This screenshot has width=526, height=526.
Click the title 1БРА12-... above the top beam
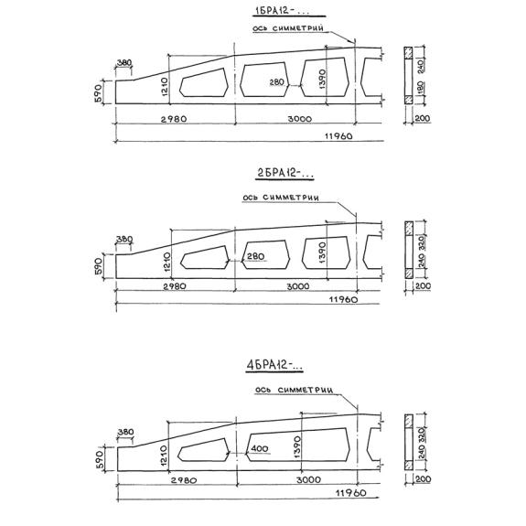tap(281, 11)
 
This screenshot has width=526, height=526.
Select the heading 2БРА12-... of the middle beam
tap(284, 173)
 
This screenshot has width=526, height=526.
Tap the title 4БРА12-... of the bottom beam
tap(274, 365)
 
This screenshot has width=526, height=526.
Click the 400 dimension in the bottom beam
tap(260, 448)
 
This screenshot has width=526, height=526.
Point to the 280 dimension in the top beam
tap(277, 81)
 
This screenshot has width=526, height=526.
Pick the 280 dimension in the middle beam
tap(255, 256)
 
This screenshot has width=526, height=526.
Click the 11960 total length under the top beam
tap(338, 136)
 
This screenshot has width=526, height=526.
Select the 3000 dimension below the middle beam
tap(298, 286)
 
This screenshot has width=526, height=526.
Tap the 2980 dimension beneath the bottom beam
tap(184, 480)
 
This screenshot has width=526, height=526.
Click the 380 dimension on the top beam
tap(124, 63)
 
